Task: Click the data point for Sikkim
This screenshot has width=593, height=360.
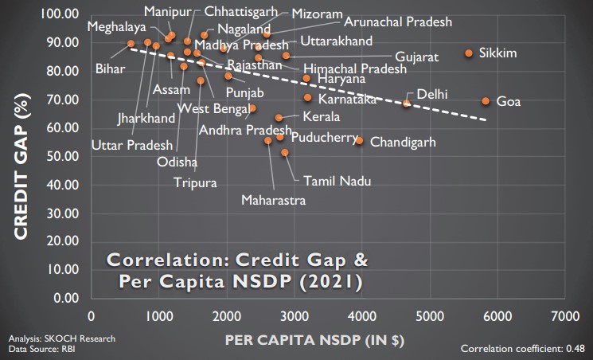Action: click(x=469, y=53)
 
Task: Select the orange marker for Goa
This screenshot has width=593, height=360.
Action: click(x=486, y=101)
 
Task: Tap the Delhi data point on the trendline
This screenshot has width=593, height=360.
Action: click(x=407, y=103)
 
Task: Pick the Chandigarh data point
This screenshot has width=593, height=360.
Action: click(x=359, y=141)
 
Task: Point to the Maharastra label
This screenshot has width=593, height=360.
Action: click(x=273, y=201)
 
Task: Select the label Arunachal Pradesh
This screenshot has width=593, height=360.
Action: click(x=397, y=22)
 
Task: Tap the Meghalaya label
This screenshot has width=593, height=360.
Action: click(x=116, y=26)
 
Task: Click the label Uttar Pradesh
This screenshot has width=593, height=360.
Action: click(x=132, y=145)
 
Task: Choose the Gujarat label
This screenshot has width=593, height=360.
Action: click(x=417, y=57)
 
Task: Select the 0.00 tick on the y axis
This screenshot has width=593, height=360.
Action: click(x=64, y=299)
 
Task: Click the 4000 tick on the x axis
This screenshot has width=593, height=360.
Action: click(x=362, y=316)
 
